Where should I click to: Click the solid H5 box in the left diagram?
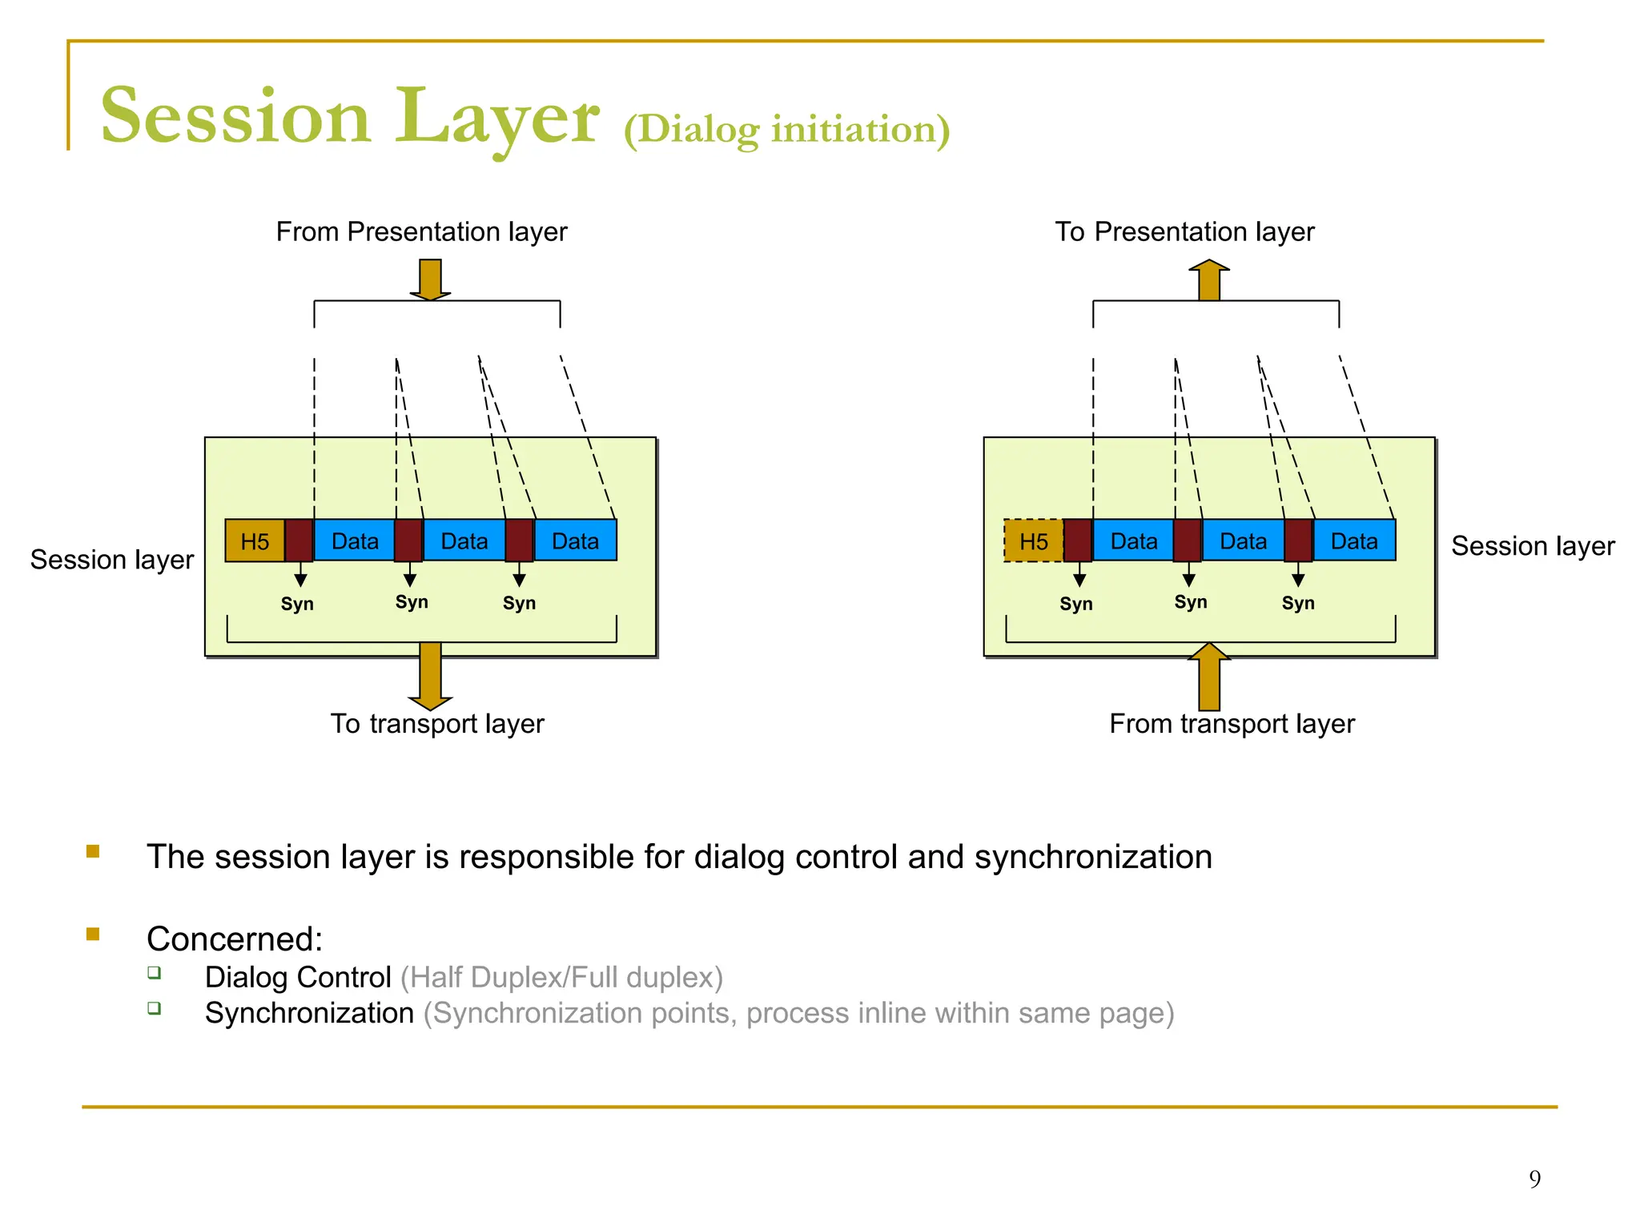(x=255, y=541)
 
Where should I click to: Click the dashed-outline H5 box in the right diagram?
(x=1033, y=541)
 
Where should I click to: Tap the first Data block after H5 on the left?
(x=355, y=541)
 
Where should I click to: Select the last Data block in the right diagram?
(x=1354, y=541)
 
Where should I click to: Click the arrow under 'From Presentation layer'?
(x=430, y=279)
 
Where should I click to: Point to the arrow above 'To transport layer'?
(x=430, y=676)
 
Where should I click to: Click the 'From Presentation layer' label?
(x=421, y=232)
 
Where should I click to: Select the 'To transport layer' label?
(x=437, y=724)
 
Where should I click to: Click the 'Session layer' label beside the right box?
(x=1533, y=546)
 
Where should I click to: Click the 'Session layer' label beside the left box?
(x=112, y=560)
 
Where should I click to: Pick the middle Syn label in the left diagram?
(x=412, y=602)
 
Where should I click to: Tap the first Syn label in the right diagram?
(x=1075, y=604)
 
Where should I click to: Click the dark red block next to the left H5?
(x=299, y=541)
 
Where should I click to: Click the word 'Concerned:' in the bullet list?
(x=234, y=939)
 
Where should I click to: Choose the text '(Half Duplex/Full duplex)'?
(x=561, y=978)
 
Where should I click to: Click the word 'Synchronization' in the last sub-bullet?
(x=309, y=1014)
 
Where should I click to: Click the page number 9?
(x=1534, y=1179)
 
